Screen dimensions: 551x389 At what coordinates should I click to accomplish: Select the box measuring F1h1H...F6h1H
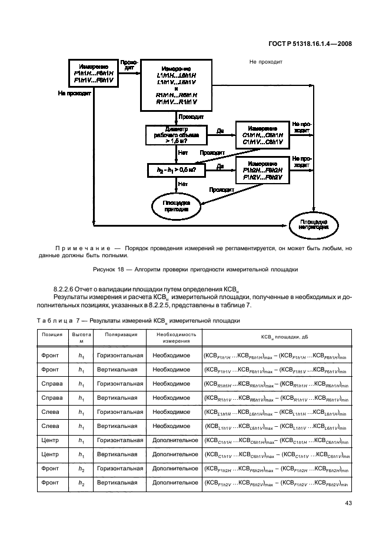(94, 73)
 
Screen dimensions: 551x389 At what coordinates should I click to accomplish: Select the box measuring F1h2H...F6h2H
(262, 169)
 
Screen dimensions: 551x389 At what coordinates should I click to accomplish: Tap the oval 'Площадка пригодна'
(176, 204)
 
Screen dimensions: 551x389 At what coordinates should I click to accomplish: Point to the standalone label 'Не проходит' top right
(267, 61)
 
